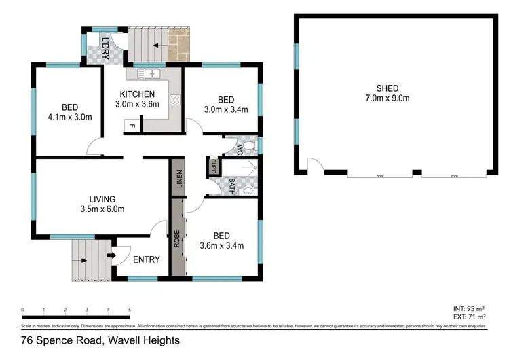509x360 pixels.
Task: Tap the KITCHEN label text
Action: click(138, 94)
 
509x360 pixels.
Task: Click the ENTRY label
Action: click(146, 259)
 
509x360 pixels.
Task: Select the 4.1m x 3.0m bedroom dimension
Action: click(70, 118)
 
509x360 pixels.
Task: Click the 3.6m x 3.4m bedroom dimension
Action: click(221, 246)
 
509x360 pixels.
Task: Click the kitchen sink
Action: click(148, 73)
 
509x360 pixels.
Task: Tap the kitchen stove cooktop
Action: click(174, 101)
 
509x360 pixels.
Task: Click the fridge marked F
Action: click(133, 126)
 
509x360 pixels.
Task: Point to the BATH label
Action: click(231, 184)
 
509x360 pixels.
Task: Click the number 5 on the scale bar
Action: click(129, 310)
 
